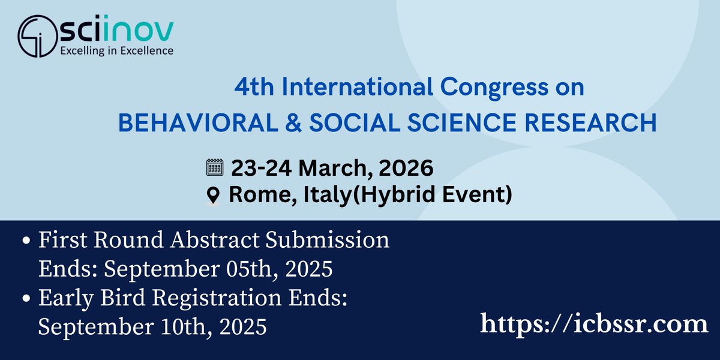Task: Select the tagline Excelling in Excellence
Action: (x=115, y=50)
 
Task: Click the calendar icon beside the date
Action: (x=214, y=167)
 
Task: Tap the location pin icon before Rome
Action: (x=213, y=196)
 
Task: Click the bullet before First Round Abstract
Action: (x=26, y=241)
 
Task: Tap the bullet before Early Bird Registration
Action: (x=26, y=299)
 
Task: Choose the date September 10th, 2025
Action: (x=152, y=326)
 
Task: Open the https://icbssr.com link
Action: (x=594, y=325)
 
